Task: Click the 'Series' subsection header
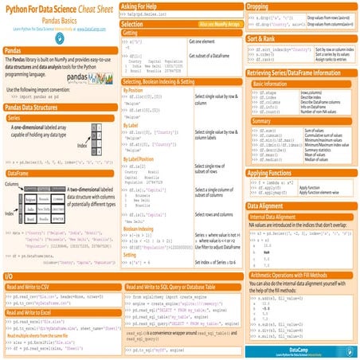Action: coord(19,117)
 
